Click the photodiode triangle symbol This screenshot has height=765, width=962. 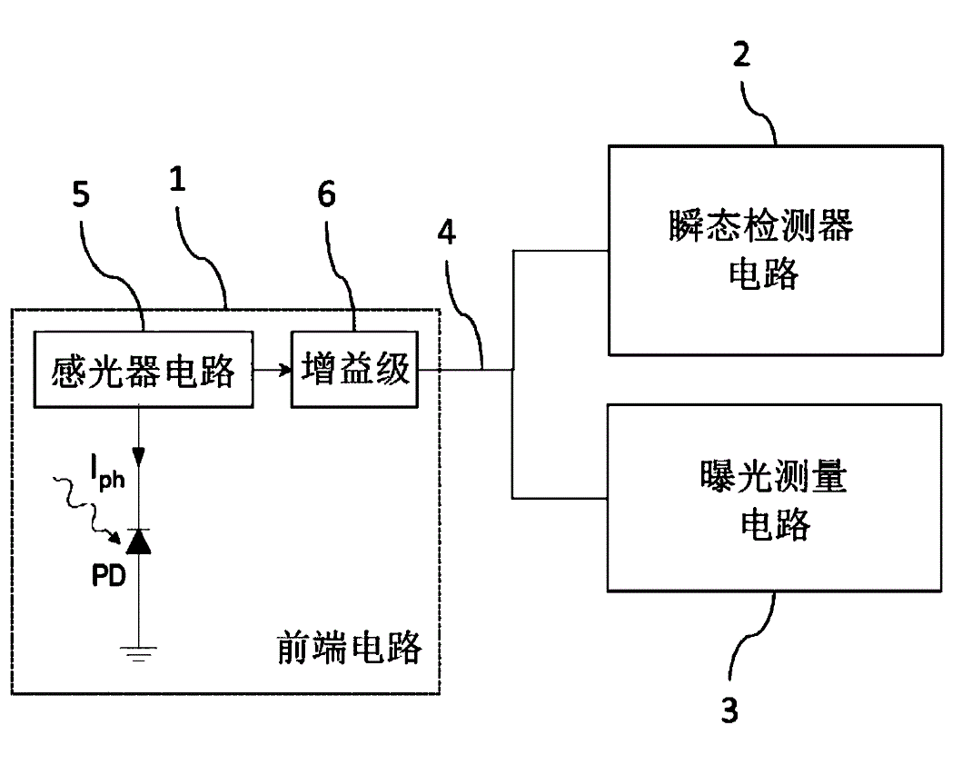point(138,542)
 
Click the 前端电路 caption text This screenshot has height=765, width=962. point(349,648)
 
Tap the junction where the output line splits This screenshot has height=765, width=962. point(513,370)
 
